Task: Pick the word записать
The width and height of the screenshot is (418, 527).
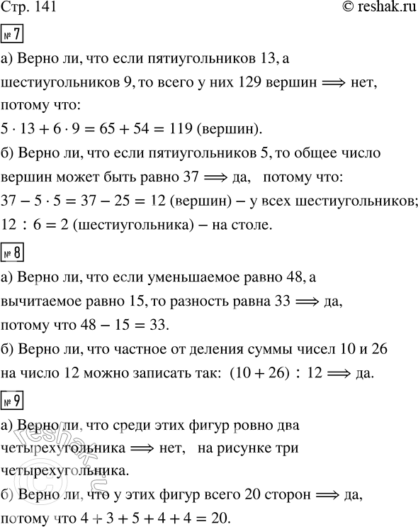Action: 139,370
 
